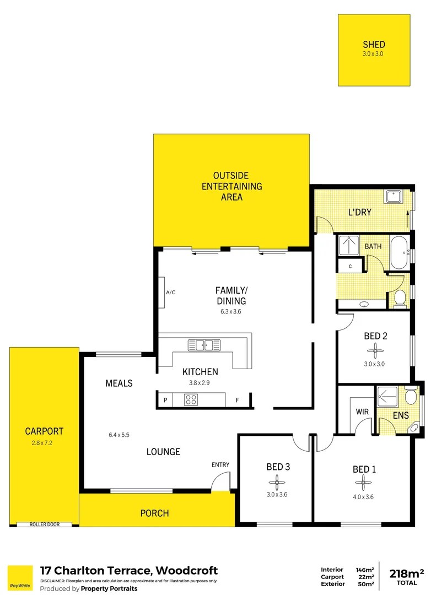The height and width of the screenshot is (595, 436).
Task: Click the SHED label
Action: [374, 45]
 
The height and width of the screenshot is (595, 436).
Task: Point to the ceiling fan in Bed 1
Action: [364, 483]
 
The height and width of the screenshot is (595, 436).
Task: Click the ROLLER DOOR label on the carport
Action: [44, 524]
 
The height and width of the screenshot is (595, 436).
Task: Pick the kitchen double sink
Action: [201, 345]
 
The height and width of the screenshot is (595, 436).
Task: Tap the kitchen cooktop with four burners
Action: [191, 400]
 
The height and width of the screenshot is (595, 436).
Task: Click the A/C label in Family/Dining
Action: [170, 292]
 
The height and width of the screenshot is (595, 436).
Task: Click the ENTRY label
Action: [220, 465]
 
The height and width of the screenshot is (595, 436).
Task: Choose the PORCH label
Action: [154, 513]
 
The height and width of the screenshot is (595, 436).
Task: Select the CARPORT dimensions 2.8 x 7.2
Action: [44, 442]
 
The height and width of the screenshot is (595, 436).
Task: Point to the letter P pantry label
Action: [165, 400]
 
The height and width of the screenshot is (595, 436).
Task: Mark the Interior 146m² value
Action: [364, 570]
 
